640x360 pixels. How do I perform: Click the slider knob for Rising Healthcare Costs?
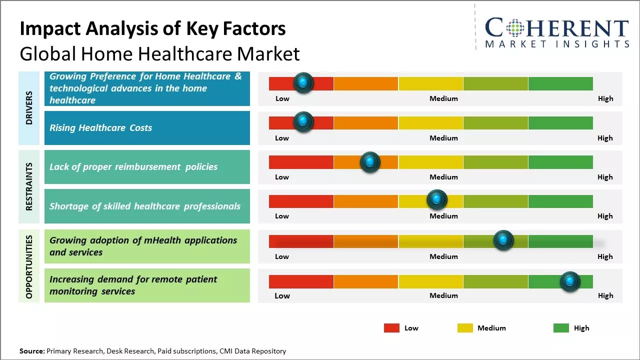click(x=303, y=122)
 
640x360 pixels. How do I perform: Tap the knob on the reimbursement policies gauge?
click(x=370, y=162)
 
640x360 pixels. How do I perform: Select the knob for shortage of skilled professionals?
click(x=437, y=200)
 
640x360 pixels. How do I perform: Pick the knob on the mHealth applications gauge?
click(x=503, y=240)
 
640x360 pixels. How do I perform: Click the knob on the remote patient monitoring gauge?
click(x=570, y=281)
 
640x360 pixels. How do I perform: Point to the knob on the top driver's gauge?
click(x=303, y=83)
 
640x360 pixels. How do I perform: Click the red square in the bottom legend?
click(x=391, y=328)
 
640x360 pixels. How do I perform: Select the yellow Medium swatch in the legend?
click(x=465, y=328)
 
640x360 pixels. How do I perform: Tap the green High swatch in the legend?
click(x=561, y=328)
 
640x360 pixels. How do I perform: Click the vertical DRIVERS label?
click(x=29, y=107)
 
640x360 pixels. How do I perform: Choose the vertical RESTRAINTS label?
click(x=29, y=186)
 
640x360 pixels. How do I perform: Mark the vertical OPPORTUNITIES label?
click(x=29, y=266)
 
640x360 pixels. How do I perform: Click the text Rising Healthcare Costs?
click(x=100, y=128)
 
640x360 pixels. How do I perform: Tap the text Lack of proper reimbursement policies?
click(x=133, y=167)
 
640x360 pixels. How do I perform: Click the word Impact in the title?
click(x=48, y=29)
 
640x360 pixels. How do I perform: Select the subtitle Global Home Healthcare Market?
click(x=159, y=54)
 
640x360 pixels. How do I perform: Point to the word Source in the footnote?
click(x=31, y=351)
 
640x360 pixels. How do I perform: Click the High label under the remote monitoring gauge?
click(x=605, y=295)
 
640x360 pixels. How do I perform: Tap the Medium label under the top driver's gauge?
click(x=443, y=98)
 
